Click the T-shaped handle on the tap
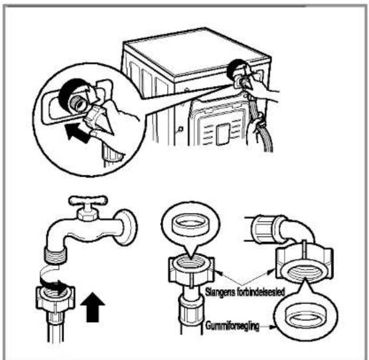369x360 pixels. coord(88,201)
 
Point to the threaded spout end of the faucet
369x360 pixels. coord(56,255)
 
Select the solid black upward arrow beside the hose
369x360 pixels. coord(92,307)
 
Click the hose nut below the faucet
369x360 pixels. coord(55,298)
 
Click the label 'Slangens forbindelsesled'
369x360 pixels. coord(245,292)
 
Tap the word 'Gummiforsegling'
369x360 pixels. coord(232,326)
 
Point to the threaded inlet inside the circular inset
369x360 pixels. coord(79,102)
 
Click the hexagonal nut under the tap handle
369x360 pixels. coord(87,215)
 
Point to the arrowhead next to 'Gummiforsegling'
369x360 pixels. coord(272,327)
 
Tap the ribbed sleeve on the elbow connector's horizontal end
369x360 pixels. coord(263,229)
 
